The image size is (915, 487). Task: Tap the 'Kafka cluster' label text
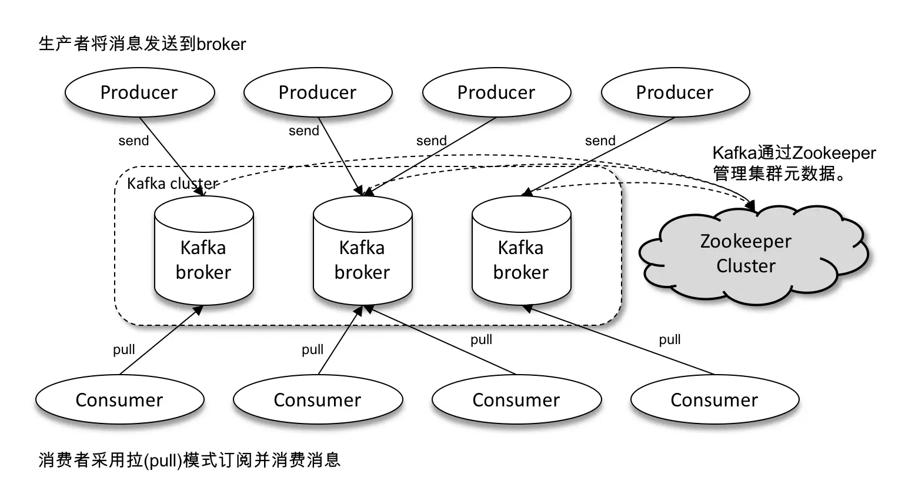[172, 184]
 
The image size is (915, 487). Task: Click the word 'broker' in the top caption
[221, 44]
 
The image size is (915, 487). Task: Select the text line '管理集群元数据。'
[779, 174]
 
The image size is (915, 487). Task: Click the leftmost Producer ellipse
[139, 92]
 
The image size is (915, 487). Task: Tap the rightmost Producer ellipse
[675, 92]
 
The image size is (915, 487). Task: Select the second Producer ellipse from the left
[318, 92]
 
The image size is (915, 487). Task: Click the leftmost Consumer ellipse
[119, 400]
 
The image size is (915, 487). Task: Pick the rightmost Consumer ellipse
[714, 400]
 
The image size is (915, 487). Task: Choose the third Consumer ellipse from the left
[516, 400]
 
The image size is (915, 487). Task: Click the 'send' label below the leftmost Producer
[133, 141]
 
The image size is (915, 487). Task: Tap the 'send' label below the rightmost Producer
[600, 141]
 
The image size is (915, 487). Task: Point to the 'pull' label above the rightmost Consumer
[670, 339]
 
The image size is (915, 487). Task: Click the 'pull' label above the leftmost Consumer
[124, 349]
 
